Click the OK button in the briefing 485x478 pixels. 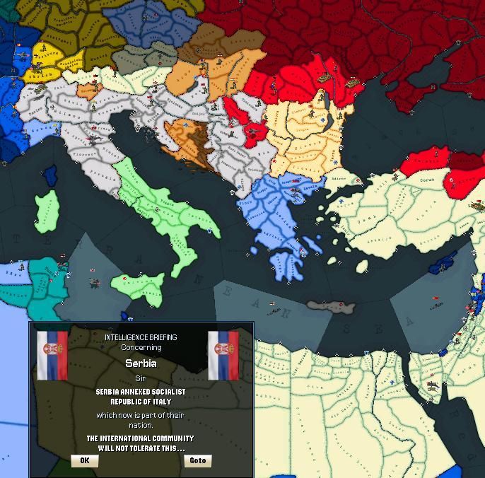pyautogui.click(x=85, y=460)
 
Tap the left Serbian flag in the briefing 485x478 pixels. pyautogui.click(x=52, y=355)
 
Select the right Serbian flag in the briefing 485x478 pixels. pyautogui.click(x=223, y=355)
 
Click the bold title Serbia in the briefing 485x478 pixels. pyautogui.click(x=141, y=363)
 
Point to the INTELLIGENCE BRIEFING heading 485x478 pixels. pyautogui.click(x=141, y=337)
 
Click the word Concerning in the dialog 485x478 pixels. pyautogui.click(x=141, y=347)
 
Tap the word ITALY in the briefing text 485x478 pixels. pyautogui.click(x=159, y=402)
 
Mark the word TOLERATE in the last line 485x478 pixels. pyautogui.click(x=141, y=448)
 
